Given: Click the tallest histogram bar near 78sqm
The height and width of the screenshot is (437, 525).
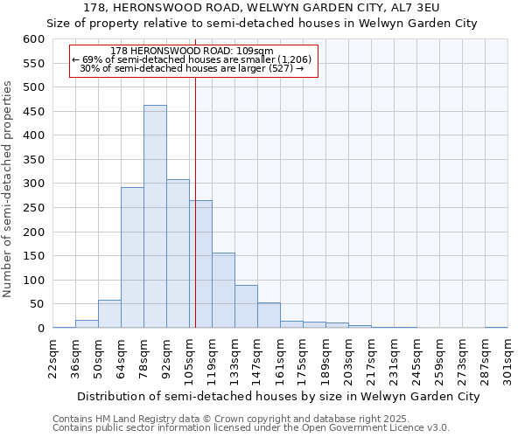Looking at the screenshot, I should click(155, 217).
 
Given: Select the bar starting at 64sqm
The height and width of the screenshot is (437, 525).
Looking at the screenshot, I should click(132, 258).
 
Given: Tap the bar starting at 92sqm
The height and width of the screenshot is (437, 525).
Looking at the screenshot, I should click(178, 253).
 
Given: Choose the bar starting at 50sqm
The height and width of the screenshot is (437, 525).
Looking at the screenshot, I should click(109, 314).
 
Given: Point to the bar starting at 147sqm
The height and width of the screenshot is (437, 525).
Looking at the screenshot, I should click(269, 316).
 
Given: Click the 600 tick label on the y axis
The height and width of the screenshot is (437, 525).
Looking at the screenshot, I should click(33, 39).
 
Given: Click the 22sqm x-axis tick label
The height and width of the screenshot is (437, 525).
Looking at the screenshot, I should click(53, 356).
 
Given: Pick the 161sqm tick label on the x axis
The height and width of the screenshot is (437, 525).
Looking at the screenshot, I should click(281, 358).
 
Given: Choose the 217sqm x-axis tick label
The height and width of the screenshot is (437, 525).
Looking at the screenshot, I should click(372, 358).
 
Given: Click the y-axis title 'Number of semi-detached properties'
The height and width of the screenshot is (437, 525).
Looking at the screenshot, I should click(9, 189).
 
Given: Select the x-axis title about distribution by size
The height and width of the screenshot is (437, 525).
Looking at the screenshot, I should click(273, 397).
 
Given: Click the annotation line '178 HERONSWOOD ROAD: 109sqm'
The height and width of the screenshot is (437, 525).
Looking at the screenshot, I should click(192, 51).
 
